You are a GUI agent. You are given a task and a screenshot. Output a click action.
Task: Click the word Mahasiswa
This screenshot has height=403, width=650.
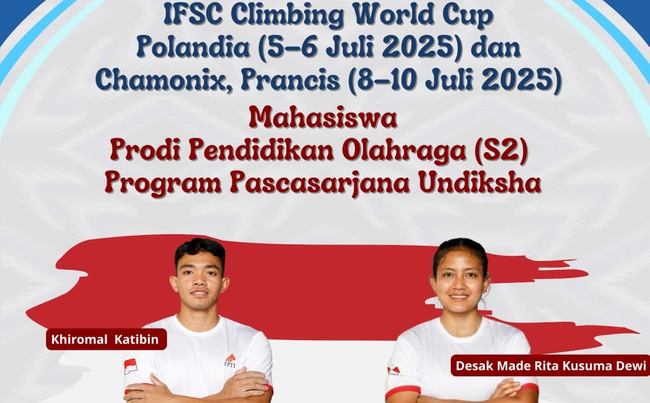point(323,117)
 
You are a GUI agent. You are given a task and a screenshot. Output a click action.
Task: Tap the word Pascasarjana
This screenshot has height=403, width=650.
point(321,183)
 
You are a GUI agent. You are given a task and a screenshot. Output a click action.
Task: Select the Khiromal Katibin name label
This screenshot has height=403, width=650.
point(106,339)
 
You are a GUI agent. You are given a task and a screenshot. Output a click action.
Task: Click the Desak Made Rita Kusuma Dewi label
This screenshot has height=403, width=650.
point(550,366)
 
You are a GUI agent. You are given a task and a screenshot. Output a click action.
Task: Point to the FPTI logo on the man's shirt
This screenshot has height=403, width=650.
point(230,360)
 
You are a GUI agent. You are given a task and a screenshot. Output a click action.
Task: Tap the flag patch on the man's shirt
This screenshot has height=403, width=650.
point(130,366)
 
